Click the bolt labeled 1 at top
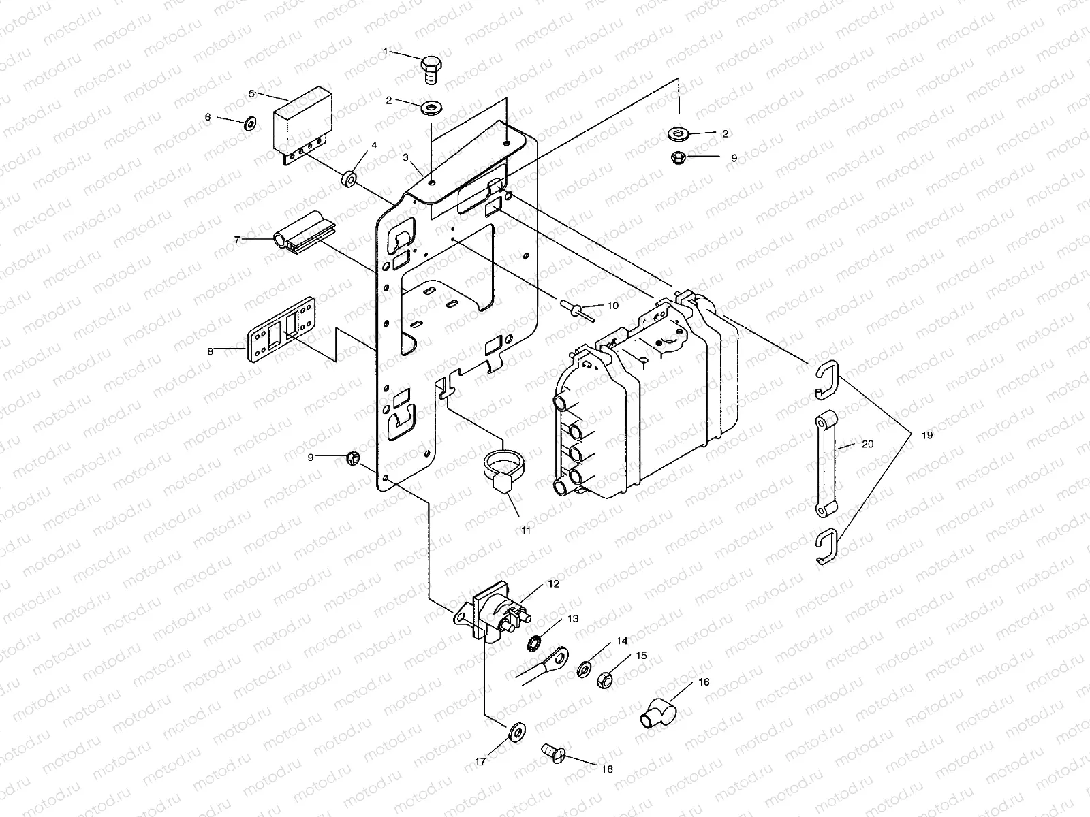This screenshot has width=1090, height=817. click(x=431, y=68)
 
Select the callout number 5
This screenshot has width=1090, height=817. click(x=251, y=93)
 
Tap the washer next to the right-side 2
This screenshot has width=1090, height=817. click(x=679, y=133)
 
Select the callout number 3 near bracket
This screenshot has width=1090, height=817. click(x=405, y=157)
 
